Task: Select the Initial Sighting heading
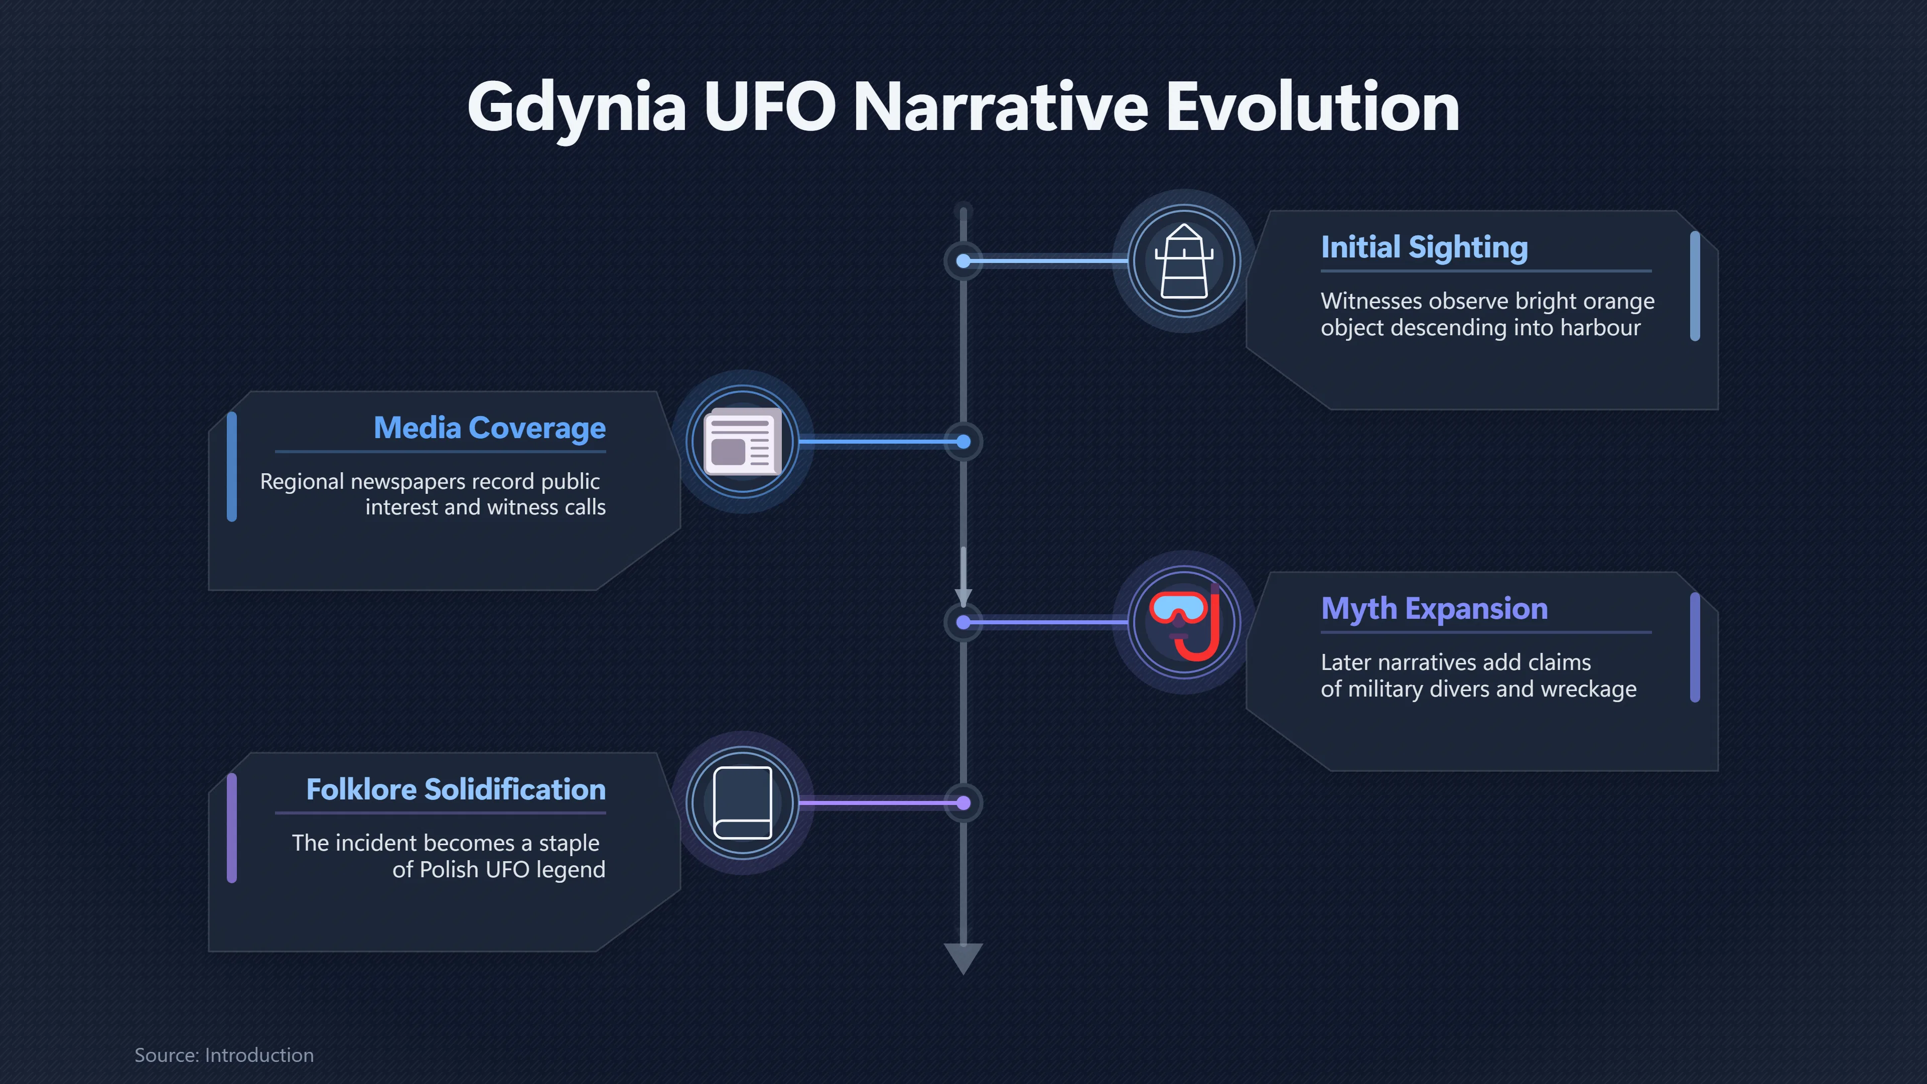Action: point(1424,247)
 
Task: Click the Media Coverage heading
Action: point(489,429)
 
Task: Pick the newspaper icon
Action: point(743,442)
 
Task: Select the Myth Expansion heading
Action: point(1434,609)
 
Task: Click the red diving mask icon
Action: point(1185,622)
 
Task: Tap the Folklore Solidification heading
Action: point(456,789)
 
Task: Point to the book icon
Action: point(743,803)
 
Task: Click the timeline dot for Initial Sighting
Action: point(963,261)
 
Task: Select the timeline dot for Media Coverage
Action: point(963,442)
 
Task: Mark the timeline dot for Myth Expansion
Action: point(963,622)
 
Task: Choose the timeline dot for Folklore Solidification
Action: point(963,803)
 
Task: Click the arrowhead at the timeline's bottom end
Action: point(963,959)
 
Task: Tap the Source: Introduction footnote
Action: point(224,1055)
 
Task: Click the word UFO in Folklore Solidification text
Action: point(508,869)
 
